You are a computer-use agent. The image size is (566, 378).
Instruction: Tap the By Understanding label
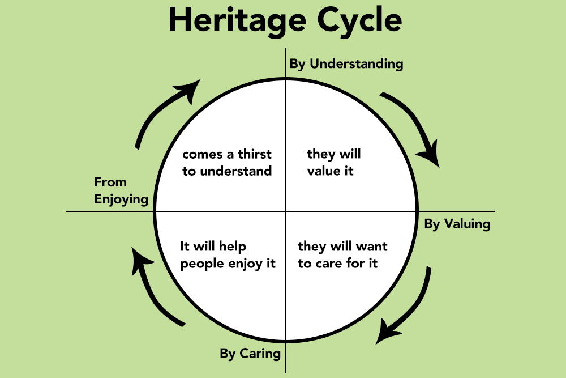346,64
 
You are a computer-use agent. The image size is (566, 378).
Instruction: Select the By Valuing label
457,224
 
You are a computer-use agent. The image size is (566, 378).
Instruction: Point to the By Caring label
250,354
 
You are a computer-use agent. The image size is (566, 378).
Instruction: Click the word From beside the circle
110,182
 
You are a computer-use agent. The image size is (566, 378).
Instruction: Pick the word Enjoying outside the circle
121,199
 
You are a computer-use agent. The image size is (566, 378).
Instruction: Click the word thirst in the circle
255,154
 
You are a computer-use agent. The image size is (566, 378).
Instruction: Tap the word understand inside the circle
235,171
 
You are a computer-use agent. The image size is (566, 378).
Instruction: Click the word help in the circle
233,247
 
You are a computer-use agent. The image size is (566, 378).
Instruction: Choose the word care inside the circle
329,264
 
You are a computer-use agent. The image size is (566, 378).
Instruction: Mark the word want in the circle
371,247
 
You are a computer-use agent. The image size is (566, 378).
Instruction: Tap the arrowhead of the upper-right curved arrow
429,154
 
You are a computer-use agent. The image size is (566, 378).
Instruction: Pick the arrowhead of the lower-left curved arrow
141,261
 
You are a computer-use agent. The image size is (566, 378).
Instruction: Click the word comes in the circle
202,155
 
